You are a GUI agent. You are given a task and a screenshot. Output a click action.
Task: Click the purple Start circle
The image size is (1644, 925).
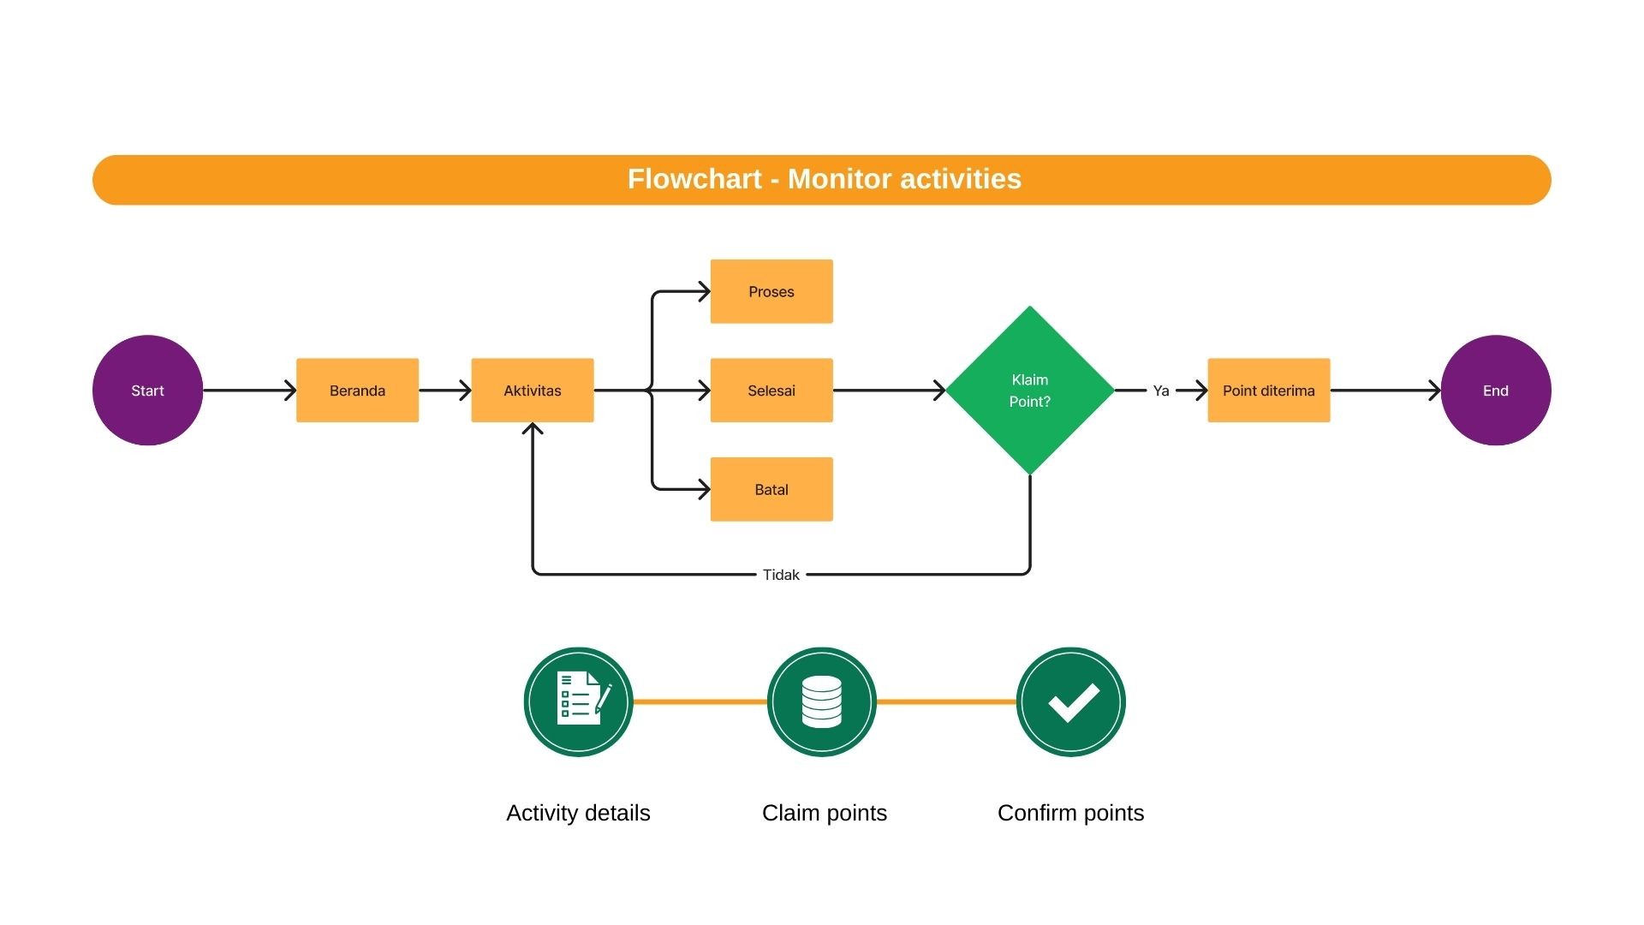pyautogui.click(x=147, y=390)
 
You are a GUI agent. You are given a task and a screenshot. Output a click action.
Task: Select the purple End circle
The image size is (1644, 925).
pyautogui.click(x=1496, y=390)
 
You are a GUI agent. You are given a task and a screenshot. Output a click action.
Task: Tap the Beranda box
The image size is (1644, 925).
pyautogui.click(x=357, y=390)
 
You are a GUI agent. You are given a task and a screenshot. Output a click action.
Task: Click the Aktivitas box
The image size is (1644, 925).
pyautogui.click(x=533, y=390)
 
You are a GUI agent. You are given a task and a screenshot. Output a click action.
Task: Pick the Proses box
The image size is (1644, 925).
pyautogui.click(x=771, y=291)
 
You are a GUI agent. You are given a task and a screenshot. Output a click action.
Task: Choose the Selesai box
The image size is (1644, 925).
pyautogui.click(x=771, y=390)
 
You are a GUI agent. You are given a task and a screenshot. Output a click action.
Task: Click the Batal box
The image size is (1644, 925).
pyautogui.click(x=771, y=489)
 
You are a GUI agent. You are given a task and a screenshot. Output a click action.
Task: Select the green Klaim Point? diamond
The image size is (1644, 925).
pyautogui.click(x=1030, y=390)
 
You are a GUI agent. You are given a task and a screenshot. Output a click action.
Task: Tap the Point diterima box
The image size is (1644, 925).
pyautogui.click(x=1269, y=390)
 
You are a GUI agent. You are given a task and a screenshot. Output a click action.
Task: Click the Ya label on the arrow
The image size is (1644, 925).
pyautogui.click(x=1161, y=391)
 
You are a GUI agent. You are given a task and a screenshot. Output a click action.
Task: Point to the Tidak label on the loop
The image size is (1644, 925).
pyautogui.click(x=781, y=575)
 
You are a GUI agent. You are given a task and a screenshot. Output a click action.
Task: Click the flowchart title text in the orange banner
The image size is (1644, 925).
pyautogui.click(x=825, y=179)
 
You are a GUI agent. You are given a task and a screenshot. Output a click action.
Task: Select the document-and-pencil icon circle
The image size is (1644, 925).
pyautogui.click(x=578, y=701)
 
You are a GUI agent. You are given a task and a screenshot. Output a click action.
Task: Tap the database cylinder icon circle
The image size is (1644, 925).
pyautogui.click(x=822, y=701)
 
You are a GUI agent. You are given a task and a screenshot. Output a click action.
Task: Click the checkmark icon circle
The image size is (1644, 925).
pyautogui.click(x=1071, y=701)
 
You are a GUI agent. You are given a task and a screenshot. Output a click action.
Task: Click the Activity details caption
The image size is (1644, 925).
pyautogui.click(x=578, y=813)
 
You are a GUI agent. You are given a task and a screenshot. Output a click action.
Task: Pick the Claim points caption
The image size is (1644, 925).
pyautogui.click(x=825, y=813)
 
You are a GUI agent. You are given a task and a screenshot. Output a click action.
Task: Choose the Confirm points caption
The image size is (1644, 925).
pyautogui.click(x=1071, y=813)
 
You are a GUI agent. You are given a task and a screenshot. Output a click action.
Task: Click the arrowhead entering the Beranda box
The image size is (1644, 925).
pyautogui.click(x=290, y=391)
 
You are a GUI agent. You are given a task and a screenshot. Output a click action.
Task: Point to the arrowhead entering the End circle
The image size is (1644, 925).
pyautogui.click(x=1435, y=391)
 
